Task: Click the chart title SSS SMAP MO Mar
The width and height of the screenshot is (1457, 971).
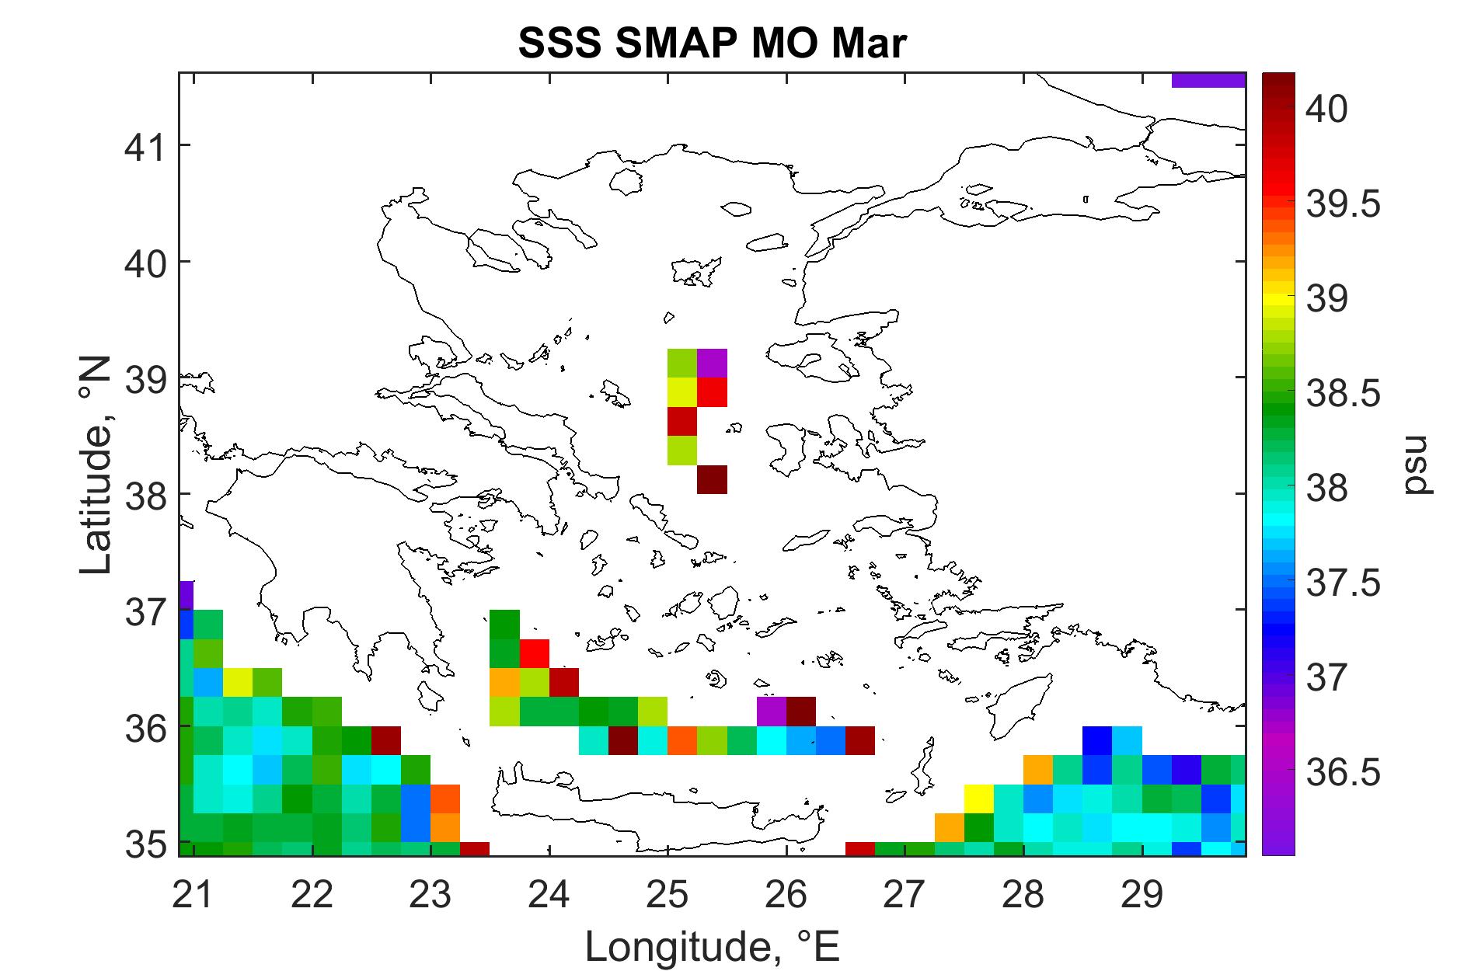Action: tap(712, 45)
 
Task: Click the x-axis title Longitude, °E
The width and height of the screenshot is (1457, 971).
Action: tap(712, 946)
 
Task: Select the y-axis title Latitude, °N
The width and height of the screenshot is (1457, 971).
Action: tap(97, 466)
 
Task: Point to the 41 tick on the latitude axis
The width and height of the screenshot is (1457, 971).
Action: tap(146, 145)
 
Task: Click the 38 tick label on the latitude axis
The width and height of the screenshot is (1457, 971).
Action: tap(146, 494)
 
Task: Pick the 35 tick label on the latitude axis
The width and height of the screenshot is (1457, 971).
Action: tap(146, 843)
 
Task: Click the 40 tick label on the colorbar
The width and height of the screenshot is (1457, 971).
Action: tap(1327, 110)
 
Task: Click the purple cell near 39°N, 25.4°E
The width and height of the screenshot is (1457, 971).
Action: tap(712, 363)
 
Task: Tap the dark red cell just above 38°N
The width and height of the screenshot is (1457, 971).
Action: tap(712, 479)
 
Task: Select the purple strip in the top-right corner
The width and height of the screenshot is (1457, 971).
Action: tap(1208, 80)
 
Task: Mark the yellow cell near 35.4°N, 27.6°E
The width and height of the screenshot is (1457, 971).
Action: tap(979, 799)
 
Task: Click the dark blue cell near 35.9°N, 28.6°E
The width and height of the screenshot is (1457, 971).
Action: tap(1097, 741)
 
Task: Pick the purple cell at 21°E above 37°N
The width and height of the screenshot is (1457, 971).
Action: tap(186, 596)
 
